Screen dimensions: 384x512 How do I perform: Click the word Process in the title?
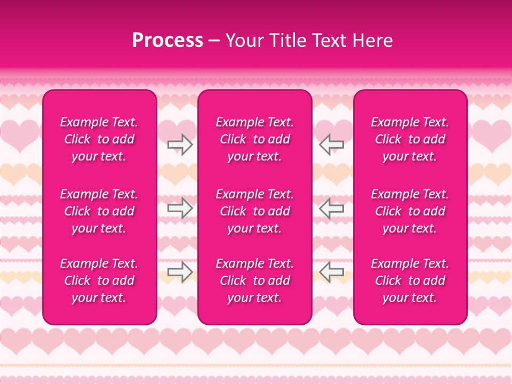coord(167,41)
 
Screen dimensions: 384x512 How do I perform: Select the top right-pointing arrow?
coord(180,144)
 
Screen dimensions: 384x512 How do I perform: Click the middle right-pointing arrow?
coord(180,208)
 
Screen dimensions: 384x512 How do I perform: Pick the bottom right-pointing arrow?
coord(180,272)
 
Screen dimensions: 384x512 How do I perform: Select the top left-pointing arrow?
coord(331,144)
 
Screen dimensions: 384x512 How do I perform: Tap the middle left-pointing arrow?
coord(331,208)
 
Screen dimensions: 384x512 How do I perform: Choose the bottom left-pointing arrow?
coord(331,272)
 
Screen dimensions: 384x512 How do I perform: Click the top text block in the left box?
coord(99,139)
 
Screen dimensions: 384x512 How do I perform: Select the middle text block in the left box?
coord(99,211)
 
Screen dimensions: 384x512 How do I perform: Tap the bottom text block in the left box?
coord(99,281)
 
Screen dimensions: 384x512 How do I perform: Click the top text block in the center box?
coord(254,139)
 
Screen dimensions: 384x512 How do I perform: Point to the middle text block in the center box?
coord(254,211)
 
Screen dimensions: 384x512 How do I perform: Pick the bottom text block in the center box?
coord(254,281)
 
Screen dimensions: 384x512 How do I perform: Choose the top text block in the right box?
coord(410,139)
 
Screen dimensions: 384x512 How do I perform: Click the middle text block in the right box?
coord(410,211)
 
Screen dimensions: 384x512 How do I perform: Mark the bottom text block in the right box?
coord(410,281)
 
